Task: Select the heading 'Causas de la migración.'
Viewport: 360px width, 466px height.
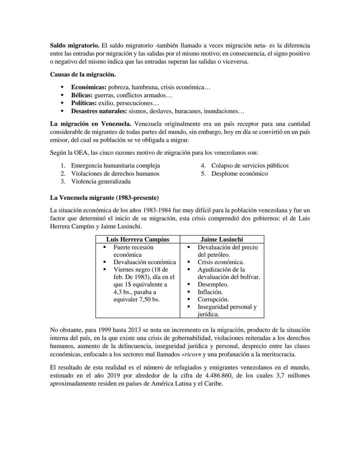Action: pyautogui.click(x=83, y=74)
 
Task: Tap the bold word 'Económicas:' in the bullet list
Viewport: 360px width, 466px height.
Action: pyautogui.click(x=88, y=87)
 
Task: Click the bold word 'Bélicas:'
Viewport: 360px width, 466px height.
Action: pyautogui.click(x=82, y=95)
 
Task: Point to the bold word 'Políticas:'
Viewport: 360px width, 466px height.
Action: pyautogui.click(x=84, y=103)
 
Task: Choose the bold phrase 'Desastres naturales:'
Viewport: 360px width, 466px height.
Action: pyautogui.click(x=99, y=111)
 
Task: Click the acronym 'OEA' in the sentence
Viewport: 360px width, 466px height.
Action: pyautogui.click(x=79, y=153)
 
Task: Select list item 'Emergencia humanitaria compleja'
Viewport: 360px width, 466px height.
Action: pyautogui.click(x=115, y=165)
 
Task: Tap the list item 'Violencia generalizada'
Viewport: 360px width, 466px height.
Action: pyautogui.click(x=101, y=181)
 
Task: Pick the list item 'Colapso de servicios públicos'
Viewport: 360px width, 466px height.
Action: pyautogui.click(x=250, y=165)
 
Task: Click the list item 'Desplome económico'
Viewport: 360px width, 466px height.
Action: pyautogui.click(x=239, y=173)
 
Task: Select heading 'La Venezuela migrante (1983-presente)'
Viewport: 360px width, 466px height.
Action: pyautogui.click(x=104, y=198)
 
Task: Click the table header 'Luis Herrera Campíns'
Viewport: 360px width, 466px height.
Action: pyautogui.click(x=138, y=240)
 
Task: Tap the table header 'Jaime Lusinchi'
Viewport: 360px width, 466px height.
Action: pyautogui.click(x=222, y=240)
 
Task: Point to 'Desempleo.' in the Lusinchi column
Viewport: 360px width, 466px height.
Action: pyautogui.click(x=213, y=285)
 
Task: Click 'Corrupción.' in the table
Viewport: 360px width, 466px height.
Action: pyautogui.click(x=213, y=300)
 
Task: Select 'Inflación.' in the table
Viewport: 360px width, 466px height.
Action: pyautogui.click(x=210, y=292)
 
